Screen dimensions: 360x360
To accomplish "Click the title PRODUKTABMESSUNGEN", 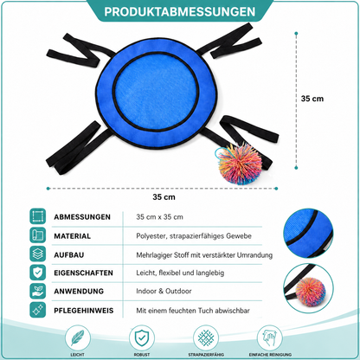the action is tap(180, 11).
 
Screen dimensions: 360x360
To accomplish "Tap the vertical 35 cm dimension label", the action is tap(312, 99).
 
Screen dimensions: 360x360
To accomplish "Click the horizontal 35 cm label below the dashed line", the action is tap(164, 197).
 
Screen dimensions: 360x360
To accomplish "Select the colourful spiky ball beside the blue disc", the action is tap(239, 164).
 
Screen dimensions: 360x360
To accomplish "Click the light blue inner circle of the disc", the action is tap(156, 93).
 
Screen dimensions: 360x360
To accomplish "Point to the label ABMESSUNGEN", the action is tap(82, 217).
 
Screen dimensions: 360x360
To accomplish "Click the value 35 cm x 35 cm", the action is tap(159, 217).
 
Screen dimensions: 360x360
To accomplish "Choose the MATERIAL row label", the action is tap(73, 236).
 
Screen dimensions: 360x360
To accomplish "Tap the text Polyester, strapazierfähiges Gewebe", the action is tap(194, 236).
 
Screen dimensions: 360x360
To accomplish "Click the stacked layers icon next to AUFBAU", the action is tap(38, 254).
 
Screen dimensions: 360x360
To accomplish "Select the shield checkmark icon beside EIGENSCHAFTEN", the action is tap(38, 273).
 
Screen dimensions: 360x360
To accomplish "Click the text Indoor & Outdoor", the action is tap(164, 291).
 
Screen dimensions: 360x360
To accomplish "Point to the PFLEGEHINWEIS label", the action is tap(84, 311).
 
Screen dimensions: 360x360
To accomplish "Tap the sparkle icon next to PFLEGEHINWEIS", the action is tap(38, 310).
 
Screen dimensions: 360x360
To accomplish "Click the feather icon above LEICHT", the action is tap(78, 337).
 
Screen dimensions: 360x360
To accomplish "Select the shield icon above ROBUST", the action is tap(142, 337).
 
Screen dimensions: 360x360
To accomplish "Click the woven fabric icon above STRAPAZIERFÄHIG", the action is tap(206, 337).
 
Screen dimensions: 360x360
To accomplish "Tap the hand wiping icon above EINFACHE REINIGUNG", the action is tap(270, 337).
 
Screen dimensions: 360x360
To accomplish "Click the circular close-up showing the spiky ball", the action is tap(308, 288).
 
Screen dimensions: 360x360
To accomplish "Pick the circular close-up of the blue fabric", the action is tap(308, 233).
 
